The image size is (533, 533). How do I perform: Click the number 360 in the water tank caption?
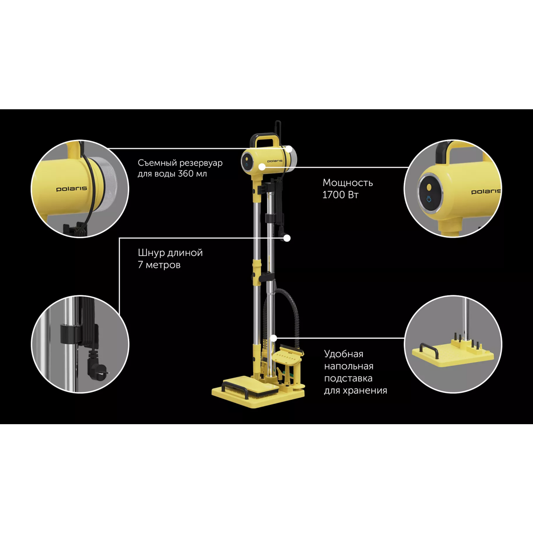pos(187,174)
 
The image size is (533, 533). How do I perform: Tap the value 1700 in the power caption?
pos(334,195)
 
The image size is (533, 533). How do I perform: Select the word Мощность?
pos(348,183)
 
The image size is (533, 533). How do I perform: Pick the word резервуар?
pos(201,163)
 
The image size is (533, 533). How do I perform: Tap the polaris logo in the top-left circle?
pos(72,189)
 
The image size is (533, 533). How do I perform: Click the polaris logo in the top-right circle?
pos(486,191)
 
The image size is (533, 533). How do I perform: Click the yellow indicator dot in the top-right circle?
pos(429,187)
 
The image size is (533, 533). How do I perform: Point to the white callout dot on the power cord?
pos(287,238)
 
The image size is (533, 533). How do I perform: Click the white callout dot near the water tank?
pos(289,149)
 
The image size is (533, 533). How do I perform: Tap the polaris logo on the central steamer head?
pos(274,161)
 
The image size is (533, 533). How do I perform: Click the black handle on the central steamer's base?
pos(235,387)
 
